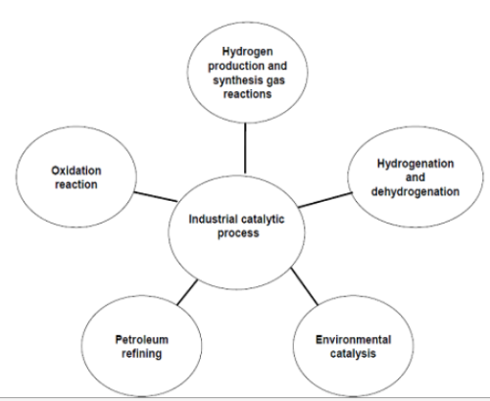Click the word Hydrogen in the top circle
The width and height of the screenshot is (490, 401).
[247, 52]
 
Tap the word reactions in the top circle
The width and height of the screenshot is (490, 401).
[247, 94]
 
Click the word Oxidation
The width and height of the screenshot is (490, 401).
[76, 171]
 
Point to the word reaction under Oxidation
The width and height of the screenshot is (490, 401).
[76, 184]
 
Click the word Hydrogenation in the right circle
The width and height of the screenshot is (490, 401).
[416, 164]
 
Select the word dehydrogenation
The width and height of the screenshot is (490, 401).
[416, 192]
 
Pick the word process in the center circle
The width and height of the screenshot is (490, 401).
[238, 233]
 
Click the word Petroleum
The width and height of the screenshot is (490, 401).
[142, 340]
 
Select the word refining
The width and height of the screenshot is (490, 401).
[142, 354]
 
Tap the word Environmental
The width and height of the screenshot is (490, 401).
[353, 340]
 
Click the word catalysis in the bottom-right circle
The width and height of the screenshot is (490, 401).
[353, 354]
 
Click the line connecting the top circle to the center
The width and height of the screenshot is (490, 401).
[245, 148]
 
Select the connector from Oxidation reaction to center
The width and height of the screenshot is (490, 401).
[156, 197]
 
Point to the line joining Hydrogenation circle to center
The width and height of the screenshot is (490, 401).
[325, 200]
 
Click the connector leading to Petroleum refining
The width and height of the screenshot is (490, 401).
[187, 292]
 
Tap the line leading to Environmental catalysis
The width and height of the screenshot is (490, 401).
[305, 286]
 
